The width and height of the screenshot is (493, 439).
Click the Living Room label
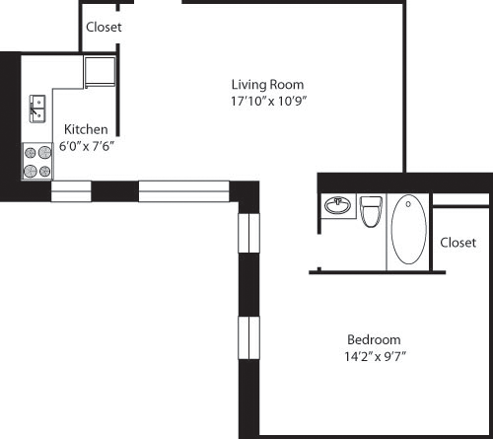267,84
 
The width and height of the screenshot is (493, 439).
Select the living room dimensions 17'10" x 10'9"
267,101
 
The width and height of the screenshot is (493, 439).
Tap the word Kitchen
86,129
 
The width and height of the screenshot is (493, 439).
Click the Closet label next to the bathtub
458,242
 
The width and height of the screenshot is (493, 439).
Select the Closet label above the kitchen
104,28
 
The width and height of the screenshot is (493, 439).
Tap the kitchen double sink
37,108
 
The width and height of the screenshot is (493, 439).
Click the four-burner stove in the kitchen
37,161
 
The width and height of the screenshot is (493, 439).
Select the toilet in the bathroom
371,211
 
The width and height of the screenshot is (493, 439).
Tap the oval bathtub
409,229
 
